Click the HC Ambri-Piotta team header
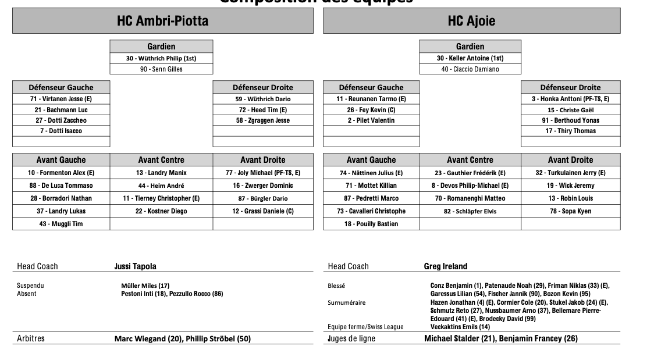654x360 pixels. coord(162,22)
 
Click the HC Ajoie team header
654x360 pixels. coord(471,22)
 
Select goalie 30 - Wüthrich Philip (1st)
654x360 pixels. coord(161,58)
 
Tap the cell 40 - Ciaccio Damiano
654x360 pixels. coord(470,69)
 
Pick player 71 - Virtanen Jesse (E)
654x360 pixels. coord(61,99)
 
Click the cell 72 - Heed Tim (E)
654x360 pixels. coord(262,110)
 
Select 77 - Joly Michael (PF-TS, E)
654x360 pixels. coord(262,173)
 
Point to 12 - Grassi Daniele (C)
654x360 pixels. coord(262,211)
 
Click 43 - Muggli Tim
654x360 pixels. coord(61,224)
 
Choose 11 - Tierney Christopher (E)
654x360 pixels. coord(161,198)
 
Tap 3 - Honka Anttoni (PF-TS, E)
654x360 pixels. coord(570,99)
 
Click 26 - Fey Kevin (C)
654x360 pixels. coord(371,110)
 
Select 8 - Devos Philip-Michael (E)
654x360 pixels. coord(470,186)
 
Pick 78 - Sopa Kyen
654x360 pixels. coord(570,211)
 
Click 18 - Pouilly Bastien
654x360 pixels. coord(371,224)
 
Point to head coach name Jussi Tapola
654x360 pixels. coord(135,266)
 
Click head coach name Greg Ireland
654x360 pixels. coord(445,266)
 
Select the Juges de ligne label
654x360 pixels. coord(351,338)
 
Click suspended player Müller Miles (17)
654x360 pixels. coord(145,286)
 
